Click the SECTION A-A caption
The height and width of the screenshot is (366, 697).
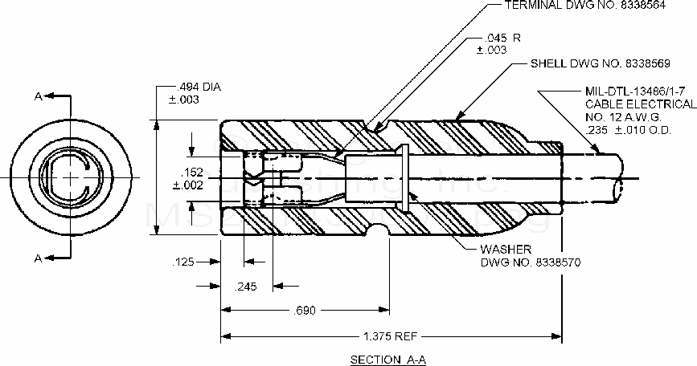coord(384,359)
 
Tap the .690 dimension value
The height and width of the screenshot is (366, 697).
coord(305,309)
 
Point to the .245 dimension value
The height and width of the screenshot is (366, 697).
coord(245,286)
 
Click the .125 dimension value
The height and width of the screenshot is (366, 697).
coord(184,262)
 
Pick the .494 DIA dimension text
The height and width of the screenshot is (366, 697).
coord(195,87)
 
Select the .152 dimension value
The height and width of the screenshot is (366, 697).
coord(192,172)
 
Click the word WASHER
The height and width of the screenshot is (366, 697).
coord(506,250)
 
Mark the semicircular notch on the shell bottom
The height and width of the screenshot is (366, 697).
coord(378,233)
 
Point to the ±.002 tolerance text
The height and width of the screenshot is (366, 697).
coord(188,185)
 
